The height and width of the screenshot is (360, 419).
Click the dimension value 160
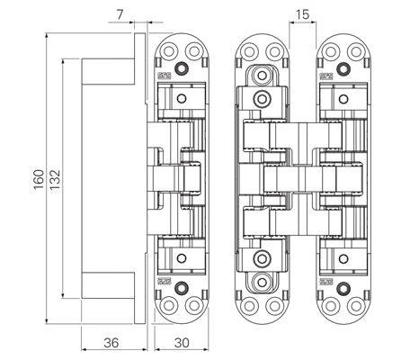point(39,179)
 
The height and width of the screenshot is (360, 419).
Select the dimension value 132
point(55,180)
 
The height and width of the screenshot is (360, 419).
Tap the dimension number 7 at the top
point(120,14)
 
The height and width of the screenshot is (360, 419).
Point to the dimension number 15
point(302,14)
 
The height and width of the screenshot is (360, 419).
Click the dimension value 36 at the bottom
point(111,343)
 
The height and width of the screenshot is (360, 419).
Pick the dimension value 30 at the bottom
point(182,343)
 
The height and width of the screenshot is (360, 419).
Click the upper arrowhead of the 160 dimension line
point(47,35)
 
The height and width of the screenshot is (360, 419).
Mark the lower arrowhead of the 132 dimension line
point(63,295)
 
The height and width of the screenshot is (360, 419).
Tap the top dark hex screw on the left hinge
point(181,68)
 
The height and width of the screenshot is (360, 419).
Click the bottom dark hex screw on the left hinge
point(181,288)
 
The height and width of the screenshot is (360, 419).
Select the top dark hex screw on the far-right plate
point(343,68)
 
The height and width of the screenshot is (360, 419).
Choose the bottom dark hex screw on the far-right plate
point(343,288)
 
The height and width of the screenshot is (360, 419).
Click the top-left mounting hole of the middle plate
point(249,51)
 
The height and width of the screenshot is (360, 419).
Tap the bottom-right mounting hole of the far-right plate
point(356,306)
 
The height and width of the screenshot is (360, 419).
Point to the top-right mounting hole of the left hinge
point(194,51)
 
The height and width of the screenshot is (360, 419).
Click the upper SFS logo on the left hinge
point(165,76)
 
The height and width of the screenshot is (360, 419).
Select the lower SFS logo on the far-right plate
point(326,282)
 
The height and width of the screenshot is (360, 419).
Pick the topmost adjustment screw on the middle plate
point(262,75)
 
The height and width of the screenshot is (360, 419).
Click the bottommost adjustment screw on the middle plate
point(262,283)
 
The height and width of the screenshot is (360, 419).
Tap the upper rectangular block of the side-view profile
point(108,71)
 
